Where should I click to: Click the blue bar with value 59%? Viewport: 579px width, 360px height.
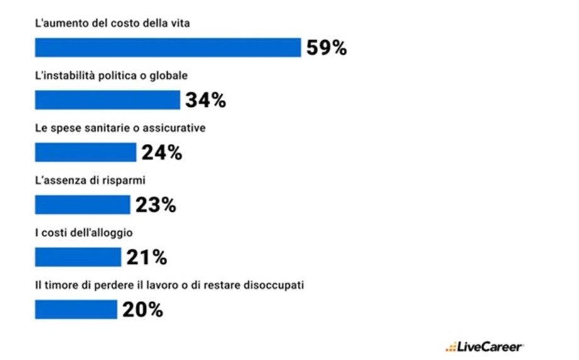(x=168, y=48)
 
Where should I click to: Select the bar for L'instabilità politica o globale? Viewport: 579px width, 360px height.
(x=108, y=100)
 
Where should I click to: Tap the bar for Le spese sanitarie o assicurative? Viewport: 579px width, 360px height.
(x=85, y=152)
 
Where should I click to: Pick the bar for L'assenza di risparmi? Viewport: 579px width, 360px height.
(x=82, y=204)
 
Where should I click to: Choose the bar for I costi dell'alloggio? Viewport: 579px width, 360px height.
(x=78, y=257)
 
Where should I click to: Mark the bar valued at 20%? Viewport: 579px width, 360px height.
(x=76, y=309)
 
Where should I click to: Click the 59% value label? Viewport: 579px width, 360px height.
(x=326, y=48)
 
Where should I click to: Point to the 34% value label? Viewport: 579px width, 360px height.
(x=206, y=100)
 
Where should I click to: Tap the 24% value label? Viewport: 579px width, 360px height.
(x=162, y=152)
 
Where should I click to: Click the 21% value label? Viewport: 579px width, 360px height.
(x=146, y=257)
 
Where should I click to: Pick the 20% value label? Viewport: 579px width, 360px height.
(x=143, y=309)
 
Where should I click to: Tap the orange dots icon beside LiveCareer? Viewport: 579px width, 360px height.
(x=451, y=347)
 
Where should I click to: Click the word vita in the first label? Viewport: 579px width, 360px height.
(x=179, y=23)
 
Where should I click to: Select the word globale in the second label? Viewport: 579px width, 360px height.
(x=172, y=75)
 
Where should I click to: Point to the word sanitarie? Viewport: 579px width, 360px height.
(x=106, y=128)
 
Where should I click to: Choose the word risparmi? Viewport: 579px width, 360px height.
(x=126, y=180)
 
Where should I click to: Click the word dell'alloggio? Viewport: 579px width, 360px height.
(x=108, y=232)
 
